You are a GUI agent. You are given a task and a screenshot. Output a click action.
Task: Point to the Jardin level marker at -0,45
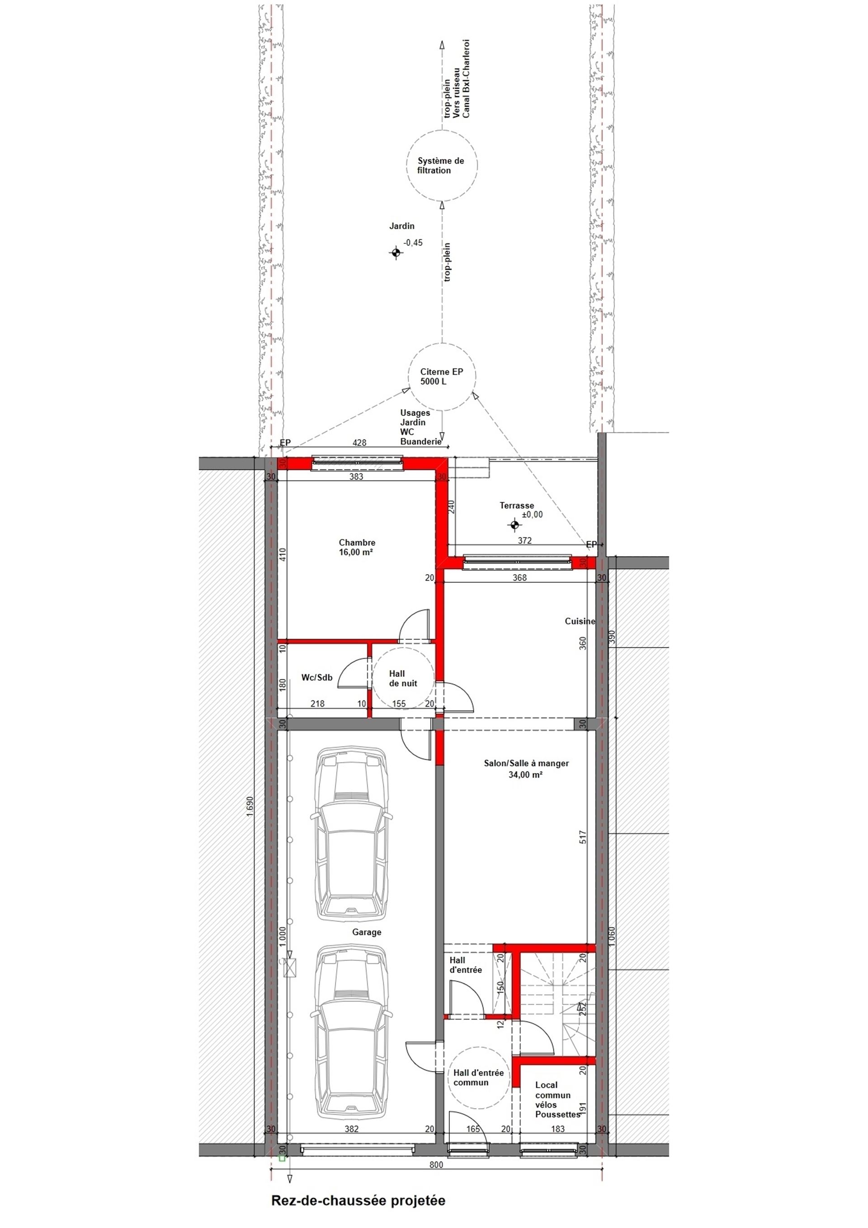395,252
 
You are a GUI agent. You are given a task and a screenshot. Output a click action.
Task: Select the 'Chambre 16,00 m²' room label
357,547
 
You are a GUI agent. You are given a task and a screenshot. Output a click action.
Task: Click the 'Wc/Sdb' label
316,678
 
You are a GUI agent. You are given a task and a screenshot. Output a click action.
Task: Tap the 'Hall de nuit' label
403,678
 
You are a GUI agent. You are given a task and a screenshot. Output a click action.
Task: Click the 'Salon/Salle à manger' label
526,763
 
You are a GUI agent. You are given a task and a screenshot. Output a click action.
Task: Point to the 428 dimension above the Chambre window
359,442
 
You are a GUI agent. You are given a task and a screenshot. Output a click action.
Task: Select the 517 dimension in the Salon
583,837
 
